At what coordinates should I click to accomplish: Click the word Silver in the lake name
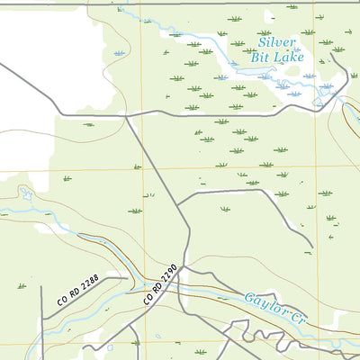pyautogui.click(x=276, y=41)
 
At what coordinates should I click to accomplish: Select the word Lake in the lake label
pyautogui.click(x=291, y=57)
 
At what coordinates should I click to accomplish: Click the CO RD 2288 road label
pyautogui.click(x=76, y=293)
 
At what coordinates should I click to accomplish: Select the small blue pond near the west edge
pyautogui.click(x=25, y=194)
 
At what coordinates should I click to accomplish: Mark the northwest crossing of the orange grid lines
pyautogui.click(x=142, y=168)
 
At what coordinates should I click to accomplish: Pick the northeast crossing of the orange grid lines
pyautogui.click(x=315, y=168)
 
